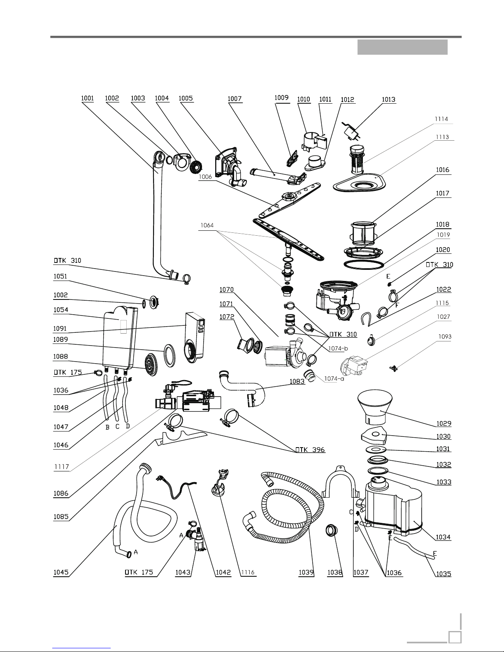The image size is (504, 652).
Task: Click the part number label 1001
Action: pos(88,99)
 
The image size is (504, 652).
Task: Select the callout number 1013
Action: pos(388,99)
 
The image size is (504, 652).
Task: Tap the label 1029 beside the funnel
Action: pos(444,423)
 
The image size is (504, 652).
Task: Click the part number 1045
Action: pos(60,572)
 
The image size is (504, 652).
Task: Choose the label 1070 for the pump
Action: pos(226,290)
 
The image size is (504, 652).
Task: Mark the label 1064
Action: pos(207,225)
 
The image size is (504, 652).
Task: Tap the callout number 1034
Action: pos(444,537)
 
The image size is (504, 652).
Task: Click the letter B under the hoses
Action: pos(107,427)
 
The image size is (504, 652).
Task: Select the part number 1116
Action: pos(249,572)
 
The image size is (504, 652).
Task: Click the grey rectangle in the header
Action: pos(402,47)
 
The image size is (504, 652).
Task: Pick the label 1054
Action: pos(60,310)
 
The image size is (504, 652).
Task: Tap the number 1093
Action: pos(444,336)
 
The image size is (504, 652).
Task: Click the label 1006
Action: pos(205,176)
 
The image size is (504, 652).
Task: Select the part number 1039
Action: pos(306,572)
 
